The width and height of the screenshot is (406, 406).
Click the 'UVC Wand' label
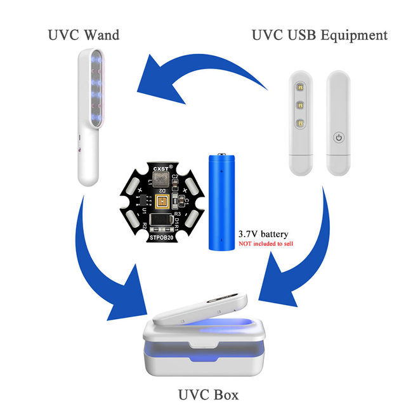[83, 34]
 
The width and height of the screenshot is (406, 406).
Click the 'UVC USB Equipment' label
[319, 35]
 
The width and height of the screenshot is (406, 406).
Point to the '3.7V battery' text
[263, 233]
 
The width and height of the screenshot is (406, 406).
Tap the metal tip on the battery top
[222, 154]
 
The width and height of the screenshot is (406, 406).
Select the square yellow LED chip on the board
[162, 202]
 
